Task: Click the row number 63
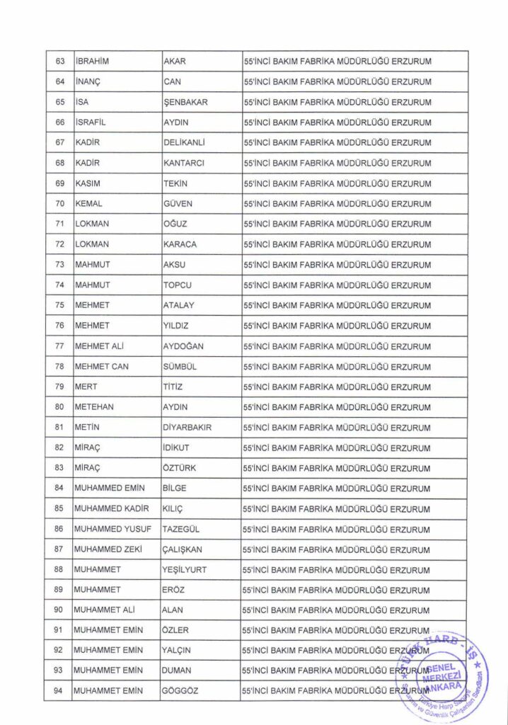60,61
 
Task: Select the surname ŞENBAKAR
185,102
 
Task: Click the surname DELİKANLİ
184,143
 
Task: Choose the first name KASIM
89,183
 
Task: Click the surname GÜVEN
178,204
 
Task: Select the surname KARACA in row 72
180,245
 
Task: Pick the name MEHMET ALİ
100,346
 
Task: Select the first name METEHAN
94,408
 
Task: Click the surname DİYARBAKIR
187,428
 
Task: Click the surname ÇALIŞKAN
183,550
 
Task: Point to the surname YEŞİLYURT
185,570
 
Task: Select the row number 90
60,610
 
